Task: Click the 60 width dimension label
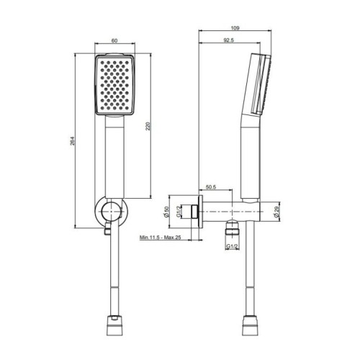tap(114, 41)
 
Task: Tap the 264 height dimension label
tap(73, 141)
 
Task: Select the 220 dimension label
tap(148, 126)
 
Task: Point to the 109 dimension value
tap(235, 28)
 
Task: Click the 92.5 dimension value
tap(228, 40)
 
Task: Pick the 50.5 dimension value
tap(211, 187)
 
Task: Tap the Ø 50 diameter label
tap(167, 212)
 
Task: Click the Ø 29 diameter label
tap(276, 212)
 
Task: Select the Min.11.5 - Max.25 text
tap(161, 238)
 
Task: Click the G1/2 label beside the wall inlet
tap(179, 212)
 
